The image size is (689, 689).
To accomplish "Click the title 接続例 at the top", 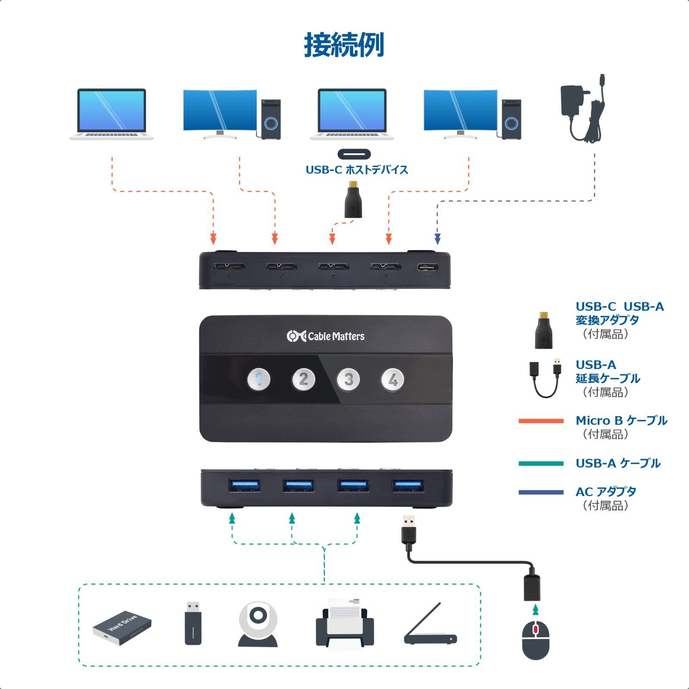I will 344,45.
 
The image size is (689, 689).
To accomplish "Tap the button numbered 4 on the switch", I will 392,380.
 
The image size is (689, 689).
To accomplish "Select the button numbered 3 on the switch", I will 348,380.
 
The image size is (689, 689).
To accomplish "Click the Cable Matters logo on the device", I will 326,336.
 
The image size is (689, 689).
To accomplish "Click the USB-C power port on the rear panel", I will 427,267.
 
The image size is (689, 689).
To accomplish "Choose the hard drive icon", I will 122,627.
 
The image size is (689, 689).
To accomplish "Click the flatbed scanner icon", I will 430,625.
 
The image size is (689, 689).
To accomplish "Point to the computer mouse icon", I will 535,640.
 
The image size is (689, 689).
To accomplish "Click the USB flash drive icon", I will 193,623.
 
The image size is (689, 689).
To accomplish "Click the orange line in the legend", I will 541,421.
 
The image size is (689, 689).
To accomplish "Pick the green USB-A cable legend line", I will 541,463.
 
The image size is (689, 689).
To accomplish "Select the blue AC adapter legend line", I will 541,492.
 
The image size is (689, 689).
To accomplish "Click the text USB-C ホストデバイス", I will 357,170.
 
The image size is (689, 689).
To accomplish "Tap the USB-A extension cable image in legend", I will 545,378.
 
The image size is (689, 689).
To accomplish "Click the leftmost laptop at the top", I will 112,114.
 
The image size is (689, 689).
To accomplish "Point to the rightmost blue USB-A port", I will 408,485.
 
